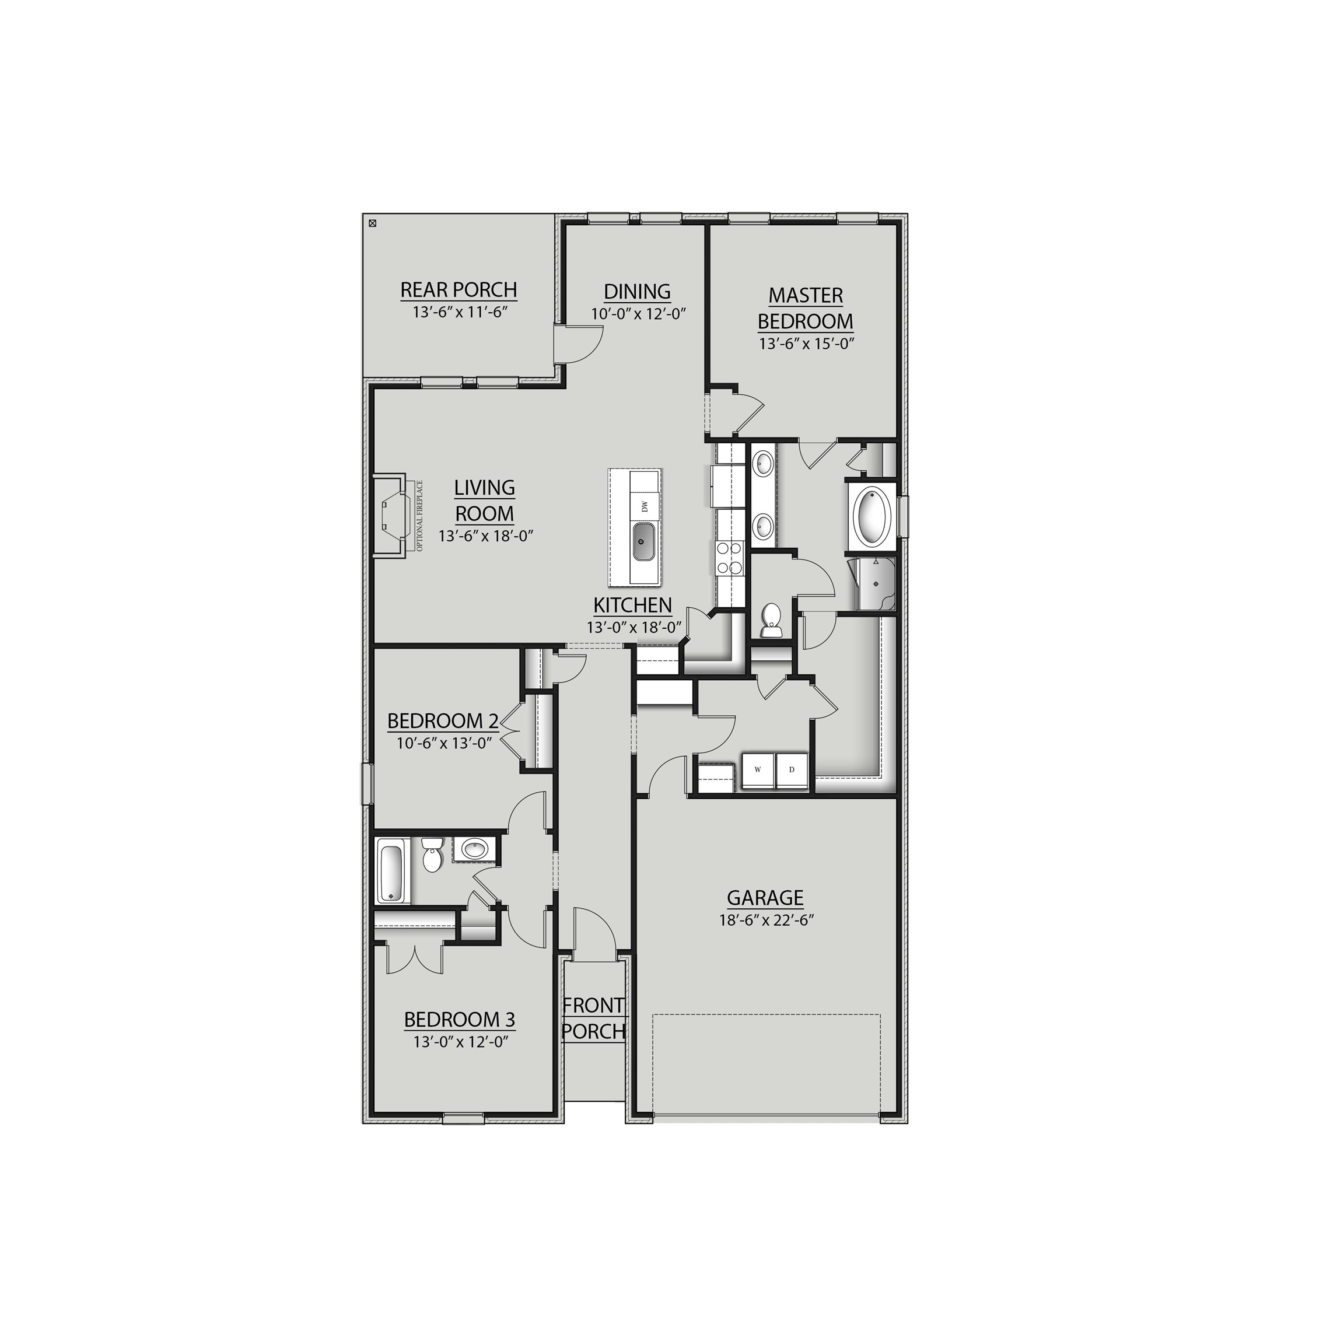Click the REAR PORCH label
[x=459, y=289]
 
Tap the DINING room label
[x=637, y=292]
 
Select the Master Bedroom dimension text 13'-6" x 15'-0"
[x=806, y=344]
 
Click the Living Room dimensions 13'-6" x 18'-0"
[x=485, y=536]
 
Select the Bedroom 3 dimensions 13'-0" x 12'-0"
[x=459, y=1041]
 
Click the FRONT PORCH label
[x=593, y=1019]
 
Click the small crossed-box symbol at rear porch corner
[x=372, y=224]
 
